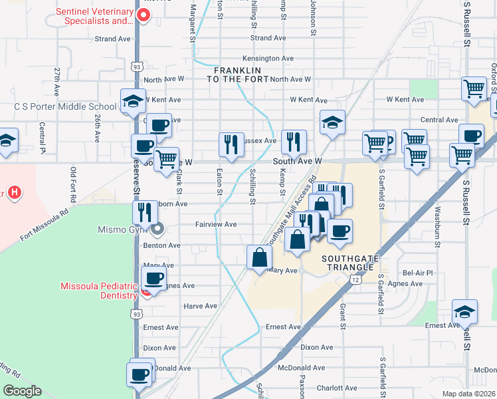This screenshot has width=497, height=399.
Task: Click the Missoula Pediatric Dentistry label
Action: coord(100,291)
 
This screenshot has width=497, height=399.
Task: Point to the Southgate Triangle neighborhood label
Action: coord(347,262)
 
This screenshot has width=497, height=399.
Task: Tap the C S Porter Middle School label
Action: coord(65,106)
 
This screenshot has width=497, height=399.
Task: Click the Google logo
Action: coord(23,390)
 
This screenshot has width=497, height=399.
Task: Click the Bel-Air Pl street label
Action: coord(418,273)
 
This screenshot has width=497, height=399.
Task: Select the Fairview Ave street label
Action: coord(217,225)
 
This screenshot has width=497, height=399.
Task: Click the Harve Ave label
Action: coord(200,306)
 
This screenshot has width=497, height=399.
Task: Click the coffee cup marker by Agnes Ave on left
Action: coord(154,279)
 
